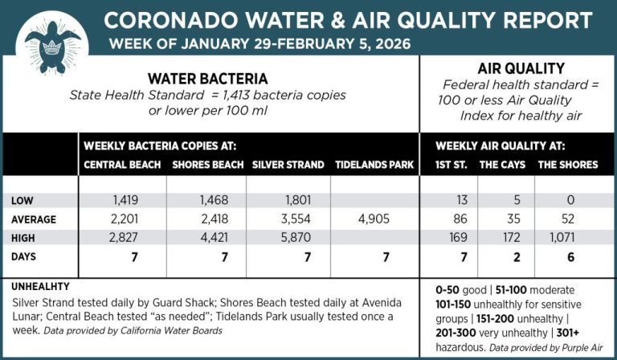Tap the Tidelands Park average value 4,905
(375, 219)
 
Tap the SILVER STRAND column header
(288, 165)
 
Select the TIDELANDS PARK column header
(375, 165)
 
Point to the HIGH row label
(28, 239)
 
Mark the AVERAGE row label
(36, 219)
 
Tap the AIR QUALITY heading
(521, 69)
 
